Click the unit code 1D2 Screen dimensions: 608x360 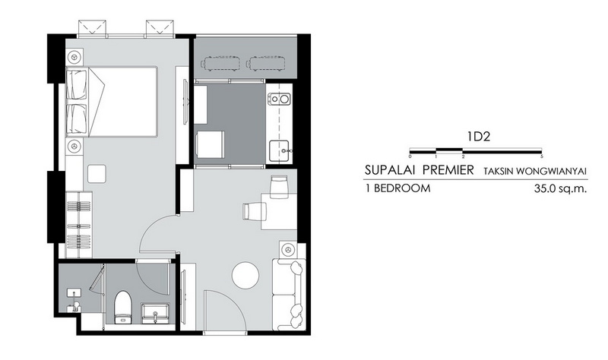pyautogui.click(x=479, y=137)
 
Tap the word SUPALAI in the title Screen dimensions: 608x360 pyautogui.click(x=390, y=169)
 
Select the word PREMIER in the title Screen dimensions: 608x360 pyautogui.click(x=448, y=169)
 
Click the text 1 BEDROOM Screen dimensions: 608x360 pyautogui.click(x=397, y=188)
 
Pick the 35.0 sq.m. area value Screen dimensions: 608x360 pyautogui.click(x=560, y=188)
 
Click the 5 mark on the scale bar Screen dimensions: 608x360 pyautogui.click(x=541, y=156)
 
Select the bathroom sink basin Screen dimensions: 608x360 pyautogui.click(x=155, y=313)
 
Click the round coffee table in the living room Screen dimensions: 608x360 pyautogui.click(x=245, y=275)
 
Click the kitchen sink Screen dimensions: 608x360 pyautogui.click(x=279, y=150)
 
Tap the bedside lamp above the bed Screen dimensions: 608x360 pyautogui.click(x=74, y=57)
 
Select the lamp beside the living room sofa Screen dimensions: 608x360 pyautogui.click(x=287, y=250)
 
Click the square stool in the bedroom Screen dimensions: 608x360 pyautogui.click(x=97, y=174)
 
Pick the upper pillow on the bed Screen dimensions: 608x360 pyautogui.click(x=77, y=84)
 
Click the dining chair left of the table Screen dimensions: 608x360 pyautogui.click(x=255, y=212)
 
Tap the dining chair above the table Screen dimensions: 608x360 pyautogui.click(x=279, y=186)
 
